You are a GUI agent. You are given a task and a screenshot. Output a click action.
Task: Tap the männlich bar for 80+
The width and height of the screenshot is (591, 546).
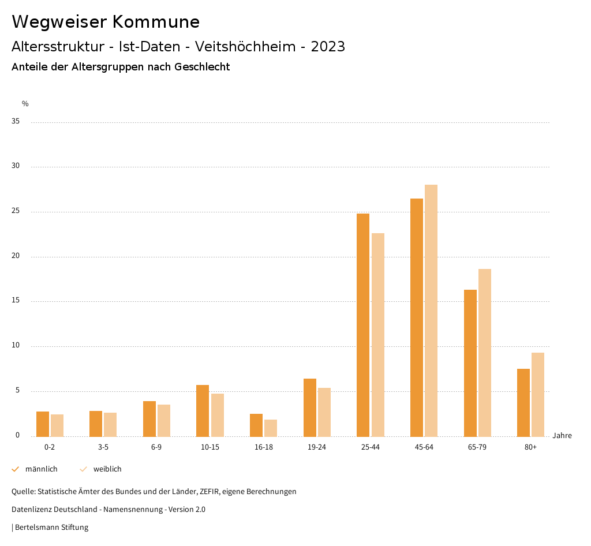point(523,402)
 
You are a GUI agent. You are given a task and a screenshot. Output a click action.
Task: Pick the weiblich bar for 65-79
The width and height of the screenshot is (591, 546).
point(485,353)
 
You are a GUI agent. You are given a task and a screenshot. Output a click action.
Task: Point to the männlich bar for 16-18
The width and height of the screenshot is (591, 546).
point(256,425)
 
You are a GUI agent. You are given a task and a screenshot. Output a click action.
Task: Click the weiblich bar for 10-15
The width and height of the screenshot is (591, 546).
point(218,415)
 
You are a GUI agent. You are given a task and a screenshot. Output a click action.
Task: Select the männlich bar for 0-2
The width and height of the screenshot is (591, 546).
point(43,424)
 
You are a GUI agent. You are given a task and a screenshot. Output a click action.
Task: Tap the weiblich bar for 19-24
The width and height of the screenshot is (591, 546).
point(324,412)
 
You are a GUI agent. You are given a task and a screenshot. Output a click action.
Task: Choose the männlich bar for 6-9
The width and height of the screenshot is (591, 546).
point(149,418)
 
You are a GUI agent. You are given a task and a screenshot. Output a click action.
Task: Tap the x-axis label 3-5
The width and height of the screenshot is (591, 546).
point(103,447)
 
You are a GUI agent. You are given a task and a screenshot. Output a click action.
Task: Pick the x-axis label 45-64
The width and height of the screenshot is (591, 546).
point(424,447)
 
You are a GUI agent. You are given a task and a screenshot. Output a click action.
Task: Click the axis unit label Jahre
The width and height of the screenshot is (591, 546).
point(562,436)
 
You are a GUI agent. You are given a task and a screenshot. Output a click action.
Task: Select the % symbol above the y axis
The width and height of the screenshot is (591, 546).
point(25,104)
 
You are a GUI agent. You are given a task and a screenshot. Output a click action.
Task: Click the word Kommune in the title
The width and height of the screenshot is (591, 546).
point(156,22)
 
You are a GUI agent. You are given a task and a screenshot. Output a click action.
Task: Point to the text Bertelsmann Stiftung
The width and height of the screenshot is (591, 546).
point(51,528)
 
